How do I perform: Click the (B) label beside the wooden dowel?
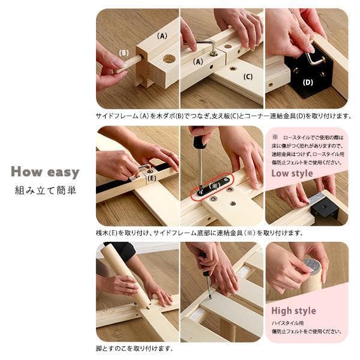(124, 52)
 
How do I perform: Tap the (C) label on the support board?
(248, 76)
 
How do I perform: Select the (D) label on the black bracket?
(308, 82)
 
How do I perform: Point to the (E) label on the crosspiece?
(152, 178)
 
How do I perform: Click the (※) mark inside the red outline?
(214, 185)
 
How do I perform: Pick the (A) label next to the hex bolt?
(198, 61)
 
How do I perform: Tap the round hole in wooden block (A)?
(169, 59)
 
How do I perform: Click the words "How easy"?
(44, 173)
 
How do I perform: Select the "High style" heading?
(293, 311)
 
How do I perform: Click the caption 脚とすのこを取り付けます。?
(134, 348)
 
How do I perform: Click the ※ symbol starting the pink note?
(275, 137)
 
